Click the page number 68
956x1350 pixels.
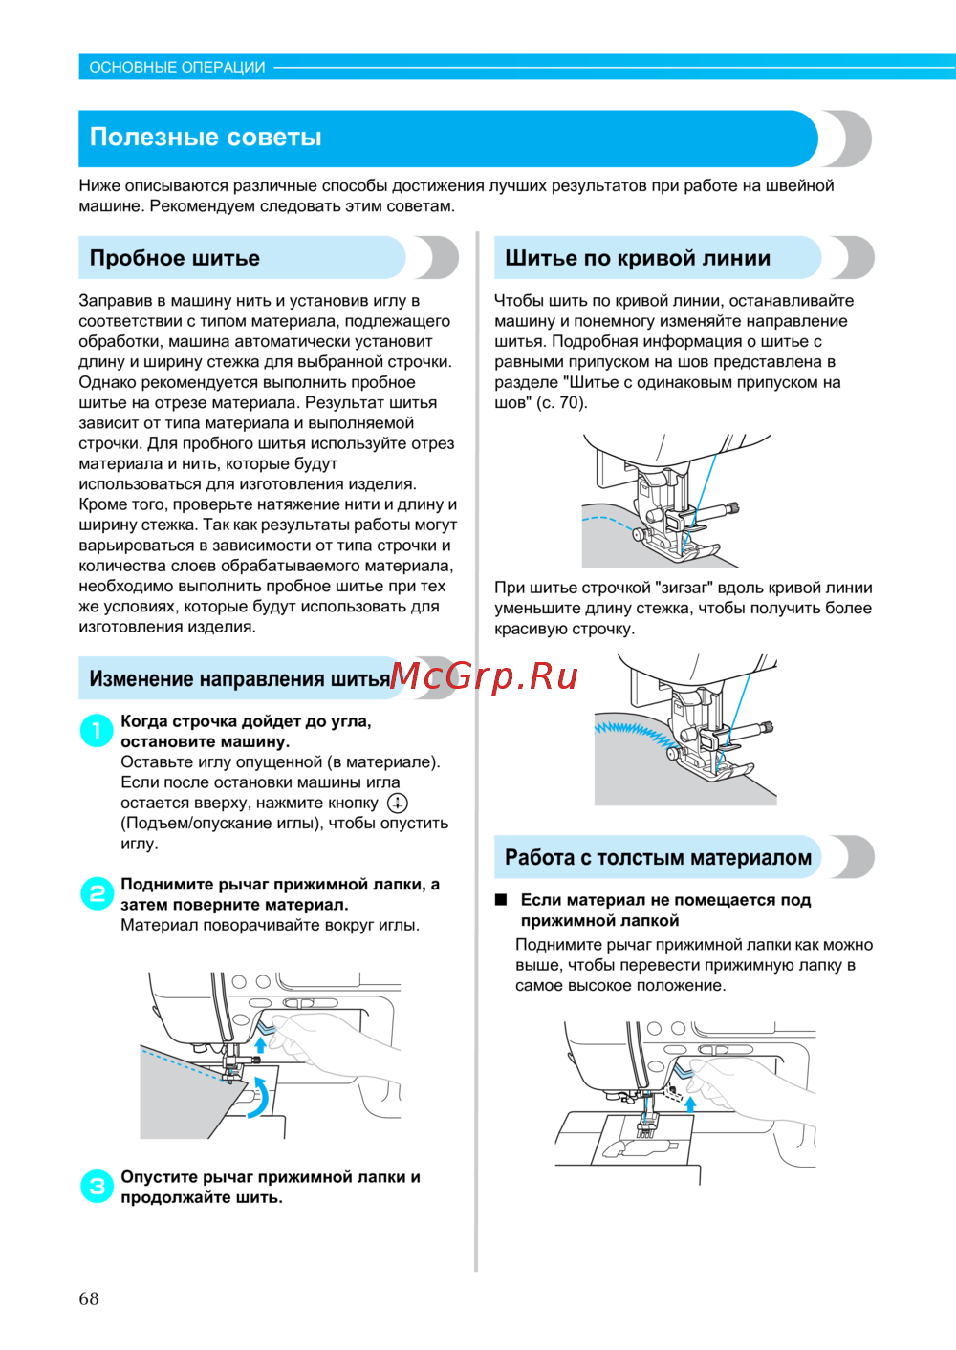pos(89,1298)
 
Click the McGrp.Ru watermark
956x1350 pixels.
pos(484,675)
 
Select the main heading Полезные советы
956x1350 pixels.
pos(206,138)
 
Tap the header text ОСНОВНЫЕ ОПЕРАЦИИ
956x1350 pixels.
pos(177,67)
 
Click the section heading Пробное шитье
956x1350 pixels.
pos(175,258)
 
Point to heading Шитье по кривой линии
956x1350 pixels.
pos(638,258)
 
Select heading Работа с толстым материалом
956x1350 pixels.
pos(658,857)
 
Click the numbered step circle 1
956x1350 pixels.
pos(97,731)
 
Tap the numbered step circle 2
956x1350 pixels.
pos(97,894)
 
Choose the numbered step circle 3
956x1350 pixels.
pos(97,1187)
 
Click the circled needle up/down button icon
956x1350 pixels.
pos(397,803)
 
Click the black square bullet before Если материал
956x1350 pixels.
pos(500,900)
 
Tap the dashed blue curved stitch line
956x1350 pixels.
pos(606,522)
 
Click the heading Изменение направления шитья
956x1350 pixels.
pos(240,679)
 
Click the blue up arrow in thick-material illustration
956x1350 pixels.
pos(691,1104)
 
